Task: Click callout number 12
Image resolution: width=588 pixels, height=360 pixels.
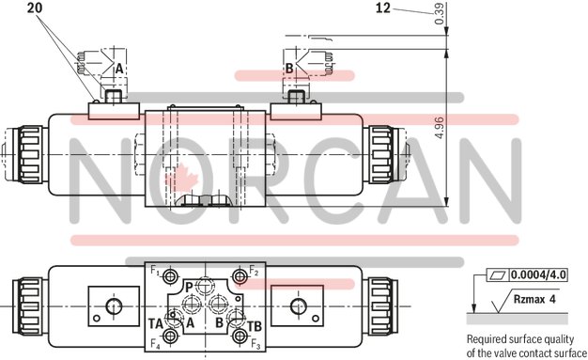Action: click(x=382, y=8)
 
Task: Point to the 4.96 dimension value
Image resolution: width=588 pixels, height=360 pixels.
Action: click(x=438, y=126)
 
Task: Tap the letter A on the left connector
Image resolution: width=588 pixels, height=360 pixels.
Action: click(x=118, y=69)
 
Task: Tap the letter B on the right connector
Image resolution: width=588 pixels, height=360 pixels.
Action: click(x=289, y=69)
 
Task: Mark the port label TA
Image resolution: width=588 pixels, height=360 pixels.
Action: click(x=156, y=323)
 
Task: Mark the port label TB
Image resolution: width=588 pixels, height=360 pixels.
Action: click(x=253, y=325)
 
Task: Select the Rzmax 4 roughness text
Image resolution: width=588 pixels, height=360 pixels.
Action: click(x=535, y=299)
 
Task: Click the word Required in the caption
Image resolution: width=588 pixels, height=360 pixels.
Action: click(x=487, y=339)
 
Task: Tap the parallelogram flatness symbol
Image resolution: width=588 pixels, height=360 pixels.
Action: click(x=497, y=275)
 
